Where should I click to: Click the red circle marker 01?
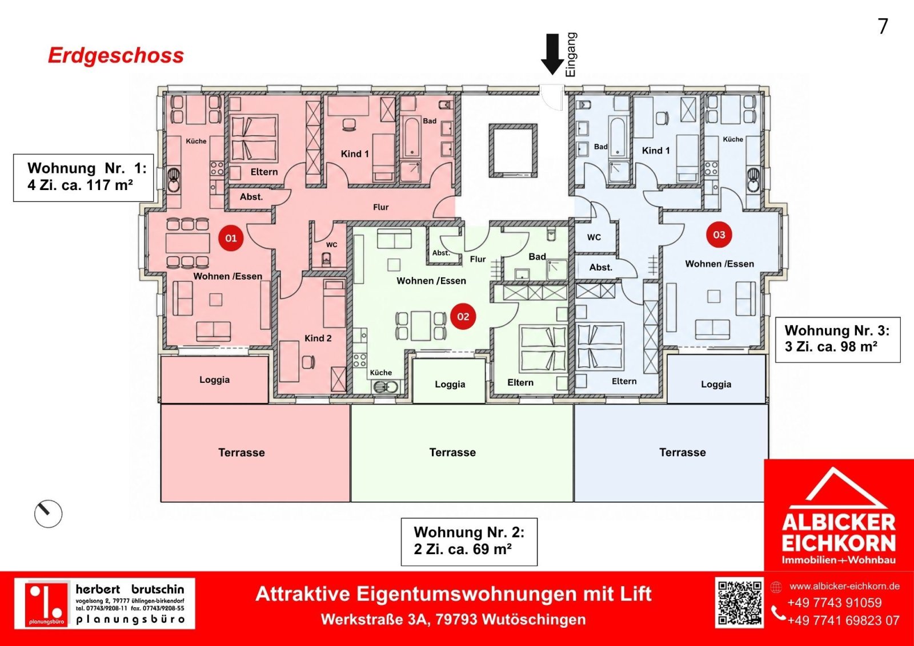point(231,237)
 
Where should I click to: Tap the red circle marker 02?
point(463,317)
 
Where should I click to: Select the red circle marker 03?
point(719,235)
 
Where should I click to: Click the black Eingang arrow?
point(552,55)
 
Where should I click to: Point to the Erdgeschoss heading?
point(116,55)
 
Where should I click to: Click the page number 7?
point(883,26)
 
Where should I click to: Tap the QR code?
point(739,603)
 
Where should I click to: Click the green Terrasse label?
point(452,453)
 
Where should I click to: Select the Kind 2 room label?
point(318,338)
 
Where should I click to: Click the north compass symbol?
point(48,514)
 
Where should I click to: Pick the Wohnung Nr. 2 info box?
point(469,542)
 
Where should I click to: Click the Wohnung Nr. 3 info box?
point(837,340)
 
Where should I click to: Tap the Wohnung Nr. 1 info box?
point(83,177)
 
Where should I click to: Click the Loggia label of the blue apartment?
point(716,384)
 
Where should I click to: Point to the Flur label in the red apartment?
point(380,207)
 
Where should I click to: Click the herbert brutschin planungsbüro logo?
point(105,603)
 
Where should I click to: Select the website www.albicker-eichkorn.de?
point(845,586)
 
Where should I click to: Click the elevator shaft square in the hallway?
point(513,150)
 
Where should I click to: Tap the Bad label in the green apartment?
point(537,256)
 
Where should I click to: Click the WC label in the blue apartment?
point(594,237)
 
